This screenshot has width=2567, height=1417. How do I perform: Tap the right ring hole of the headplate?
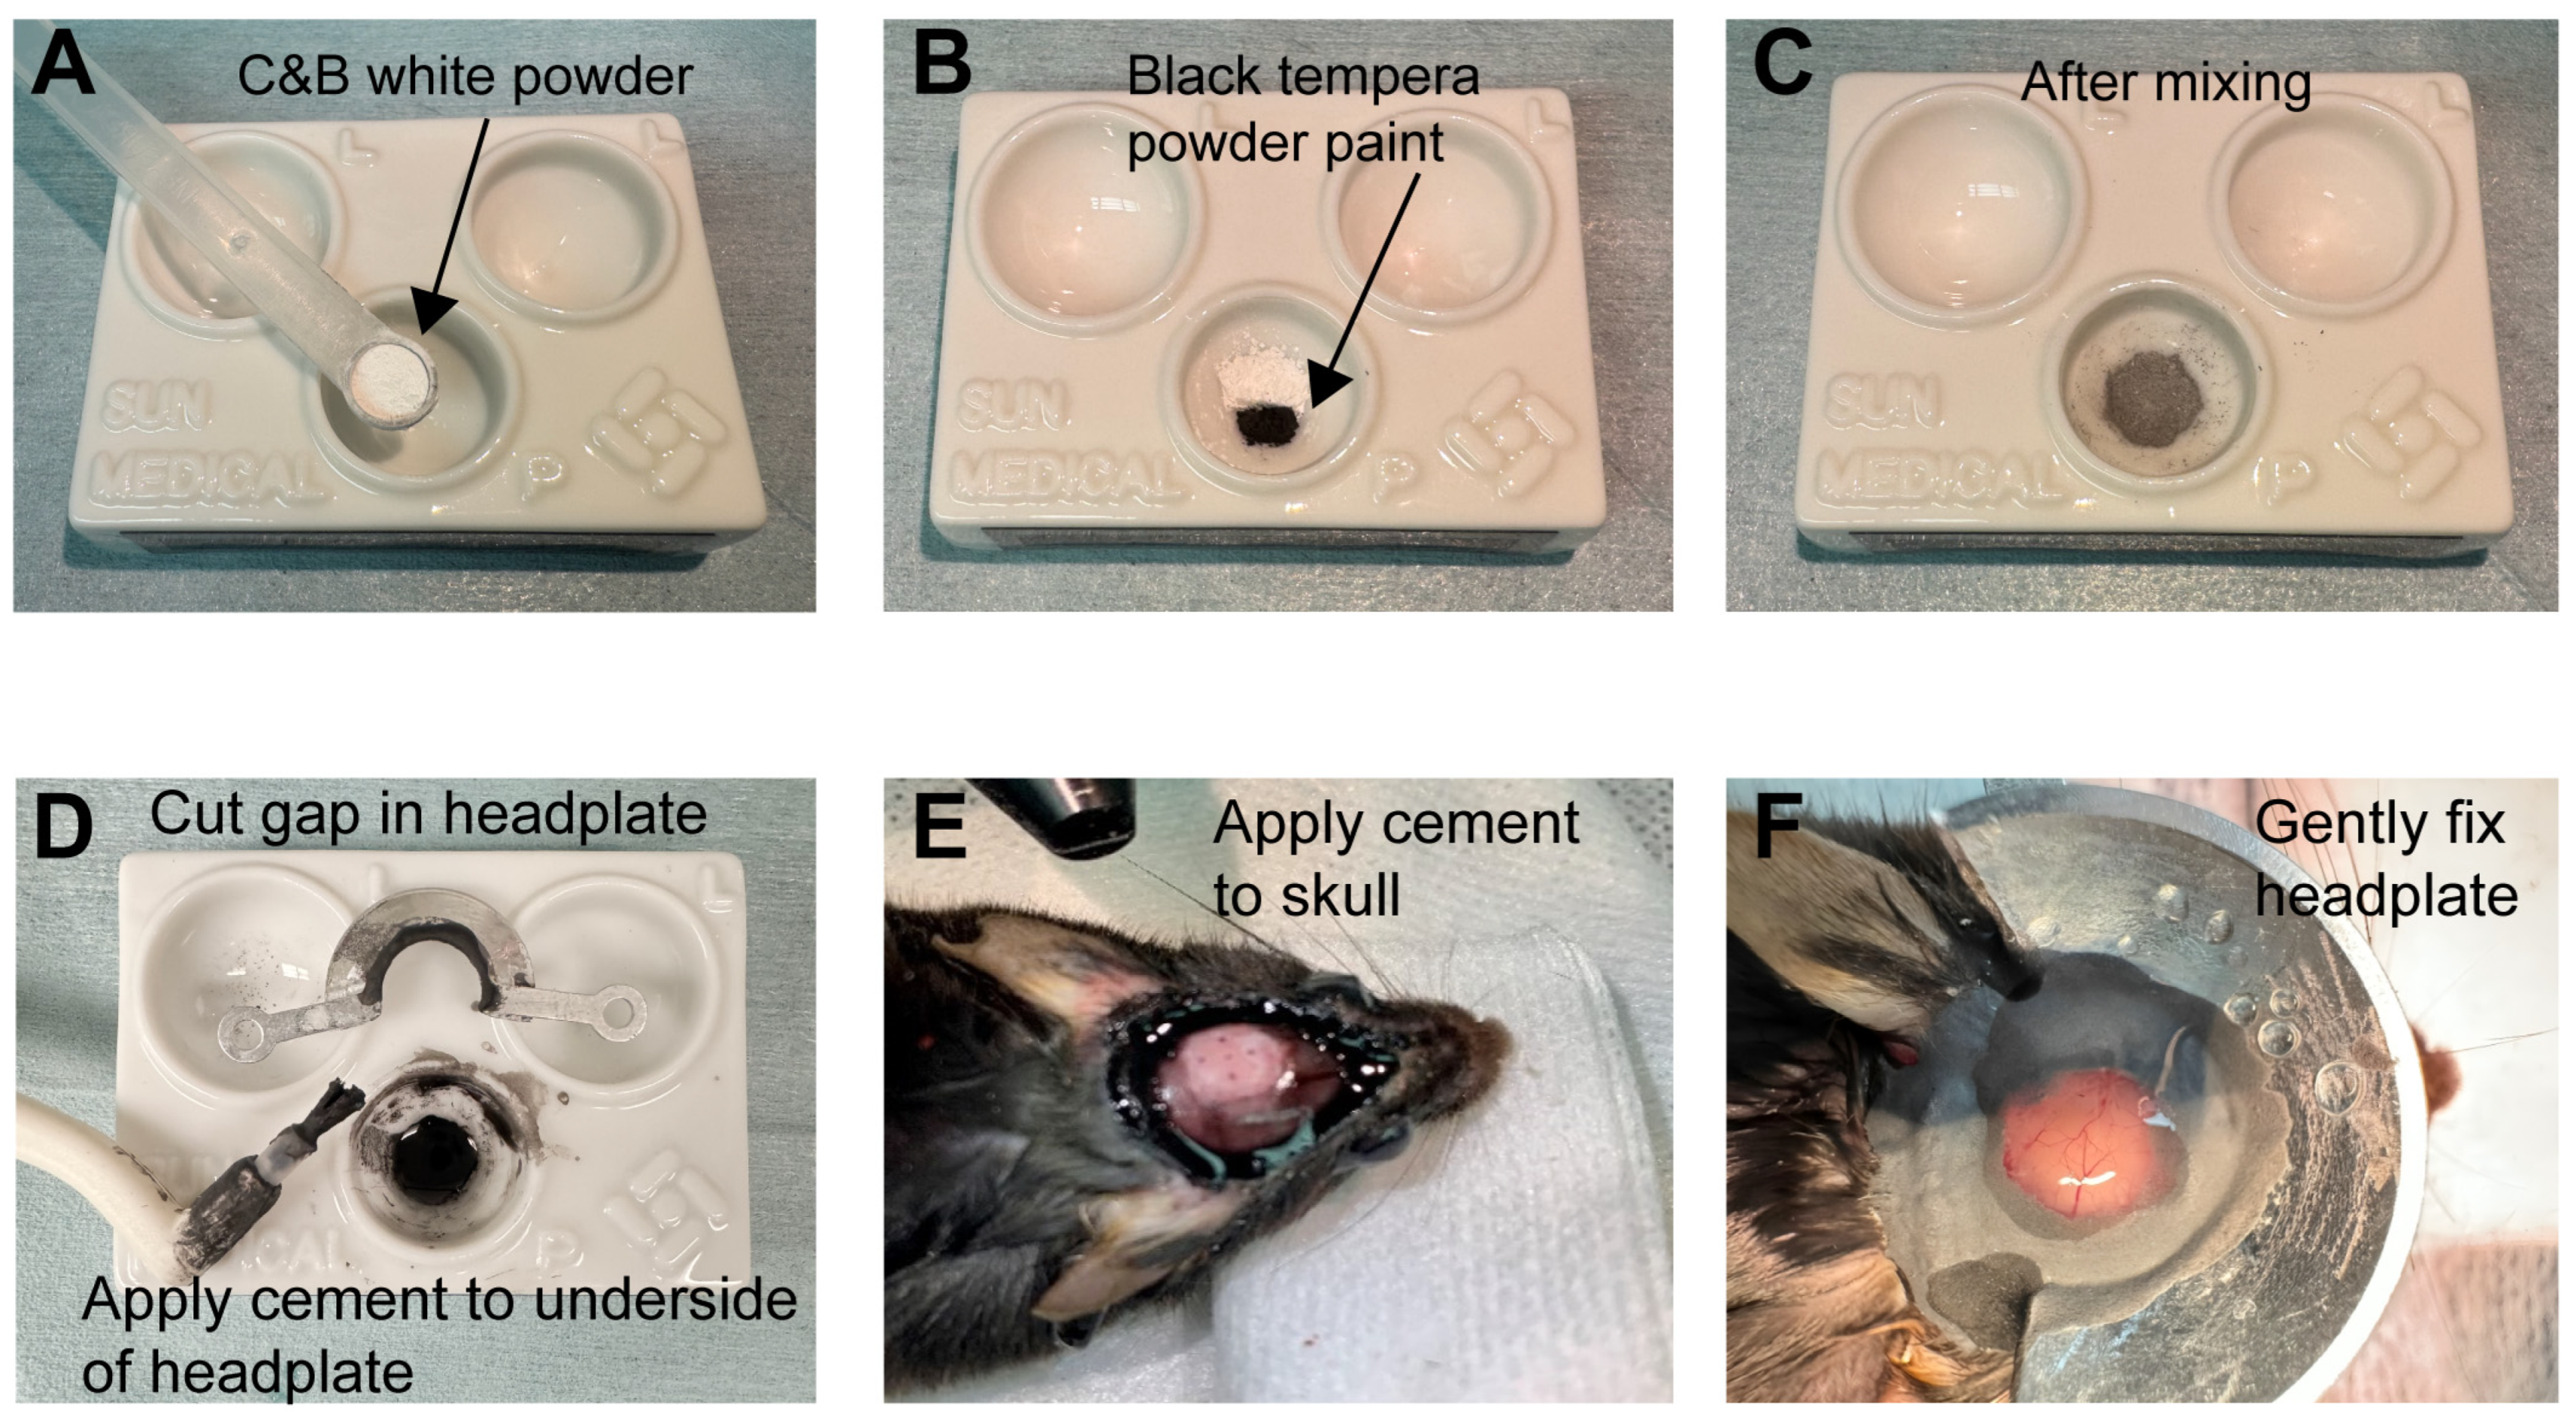click(x=622, y=1014)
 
